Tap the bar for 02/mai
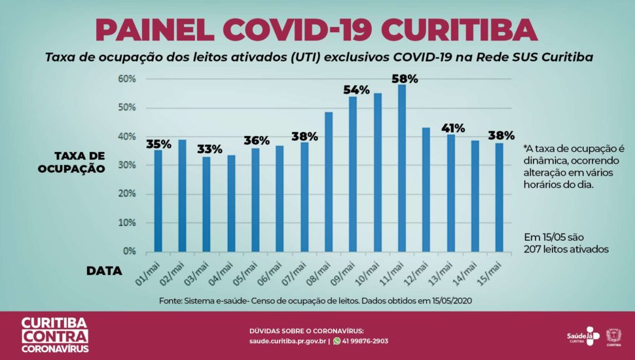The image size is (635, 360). pos(183,196)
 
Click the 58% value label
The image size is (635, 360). pos(405,79)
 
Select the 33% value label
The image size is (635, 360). pos(209,149)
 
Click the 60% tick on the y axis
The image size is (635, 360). pos(126,79)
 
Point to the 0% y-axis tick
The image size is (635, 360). pos(129,251)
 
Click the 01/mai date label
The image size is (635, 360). pos(149,270)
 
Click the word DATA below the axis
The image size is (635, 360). pos(105,270)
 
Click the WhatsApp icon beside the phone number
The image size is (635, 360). pos(337,341)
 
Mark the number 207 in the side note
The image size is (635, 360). pos(534,249)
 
